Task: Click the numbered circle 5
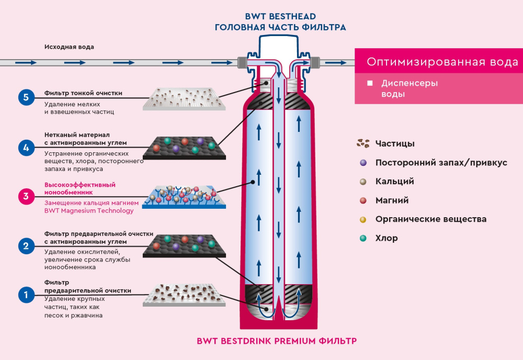click(x=26, y=97)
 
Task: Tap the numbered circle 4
click(x=26, y=148)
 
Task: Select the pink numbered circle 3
click(x=26, y=197)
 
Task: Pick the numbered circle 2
click(x=26, y=245)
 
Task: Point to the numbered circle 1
click(x=26, y=295)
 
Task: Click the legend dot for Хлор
click(x=363, y=238)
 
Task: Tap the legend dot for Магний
click(x=363, y=200)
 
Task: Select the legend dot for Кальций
click(x=363, y=182)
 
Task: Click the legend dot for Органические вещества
click(x=363, y=219)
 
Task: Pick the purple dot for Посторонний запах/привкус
click(x=363, y=163)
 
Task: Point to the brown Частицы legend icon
click(x=363, y=143)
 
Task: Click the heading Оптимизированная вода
click(x=442, y=62)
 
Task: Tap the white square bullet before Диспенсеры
click(x=370, y=83)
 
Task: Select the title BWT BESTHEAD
click(x=280, y=16)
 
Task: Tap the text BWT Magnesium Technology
click(x=89, y=211)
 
